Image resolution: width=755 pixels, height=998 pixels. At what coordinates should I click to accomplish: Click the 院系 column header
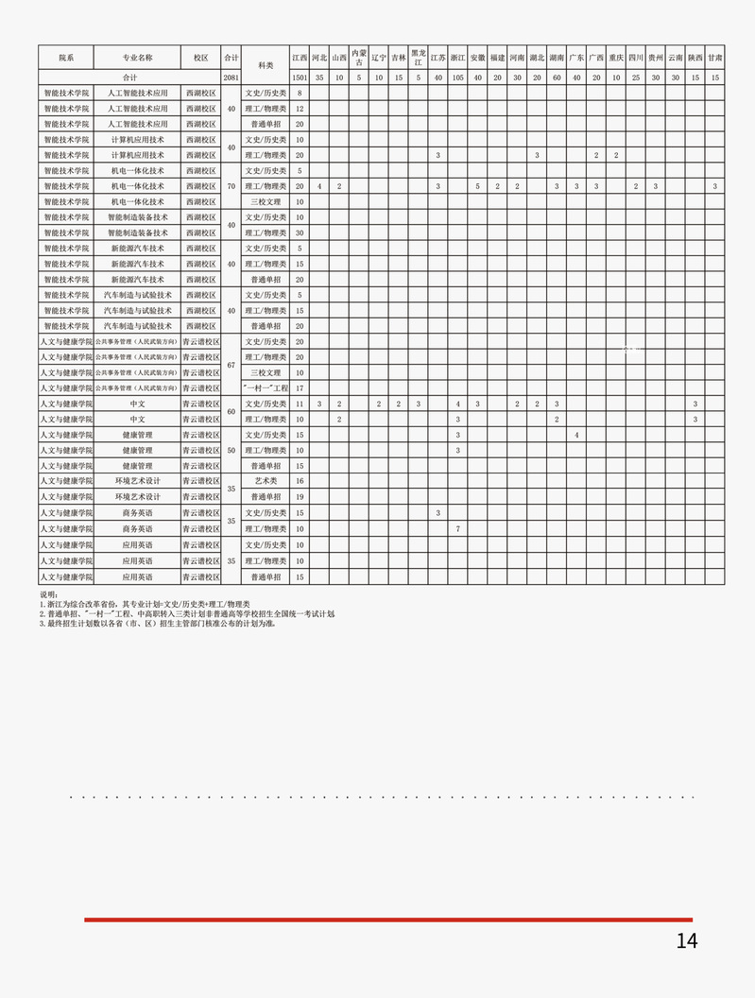click(65, 58)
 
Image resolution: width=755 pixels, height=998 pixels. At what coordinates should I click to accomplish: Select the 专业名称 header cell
click(137, 58)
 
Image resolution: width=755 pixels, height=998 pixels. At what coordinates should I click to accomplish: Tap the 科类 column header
click(266, 65)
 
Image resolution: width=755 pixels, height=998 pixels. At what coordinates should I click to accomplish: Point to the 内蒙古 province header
click(359, 58)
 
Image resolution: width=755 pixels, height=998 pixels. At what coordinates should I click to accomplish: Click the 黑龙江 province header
click(418, 58)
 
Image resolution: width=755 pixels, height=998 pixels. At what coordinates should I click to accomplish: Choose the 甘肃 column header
click(715, 58)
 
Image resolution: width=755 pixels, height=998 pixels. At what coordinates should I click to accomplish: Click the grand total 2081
click(231, 77)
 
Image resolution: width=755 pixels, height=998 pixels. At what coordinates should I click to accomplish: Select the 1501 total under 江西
click(300, 77)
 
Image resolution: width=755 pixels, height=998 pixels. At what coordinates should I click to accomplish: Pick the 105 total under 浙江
click(457, 77)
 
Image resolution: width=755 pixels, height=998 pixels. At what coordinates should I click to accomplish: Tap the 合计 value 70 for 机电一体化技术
click(231, 186)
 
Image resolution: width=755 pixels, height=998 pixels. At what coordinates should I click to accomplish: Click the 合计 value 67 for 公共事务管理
click(231, 365)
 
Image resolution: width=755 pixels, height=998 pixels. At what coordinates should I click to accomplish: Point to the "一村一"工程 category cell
click(266, 388)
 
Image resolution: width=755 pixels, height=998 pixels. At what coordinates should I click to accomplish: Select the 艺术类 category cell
click(266, 481)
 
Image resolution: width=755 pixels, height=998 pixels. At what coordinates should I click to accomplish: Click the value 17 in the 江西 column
click(300, 388)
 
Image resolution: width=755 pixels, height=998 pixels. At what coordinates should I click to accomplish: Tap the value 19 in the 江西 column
click(300, 497)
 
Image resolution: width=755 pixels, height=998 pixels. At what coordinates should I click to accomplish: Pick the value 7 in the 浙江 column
click(457, 528)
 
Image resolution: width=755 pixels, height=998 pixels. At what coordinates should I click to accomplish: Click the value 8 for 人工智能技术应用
click(300, 94)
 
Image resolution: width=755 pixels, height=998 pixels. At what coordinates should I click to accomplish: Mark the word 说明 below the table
click(48, 595)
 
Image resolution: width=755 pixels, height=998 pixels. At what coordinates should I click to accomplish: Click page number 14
click(686, 940)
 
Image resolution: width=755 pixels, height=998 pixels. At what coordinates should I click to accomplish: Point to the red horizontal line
click(387, 919)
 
